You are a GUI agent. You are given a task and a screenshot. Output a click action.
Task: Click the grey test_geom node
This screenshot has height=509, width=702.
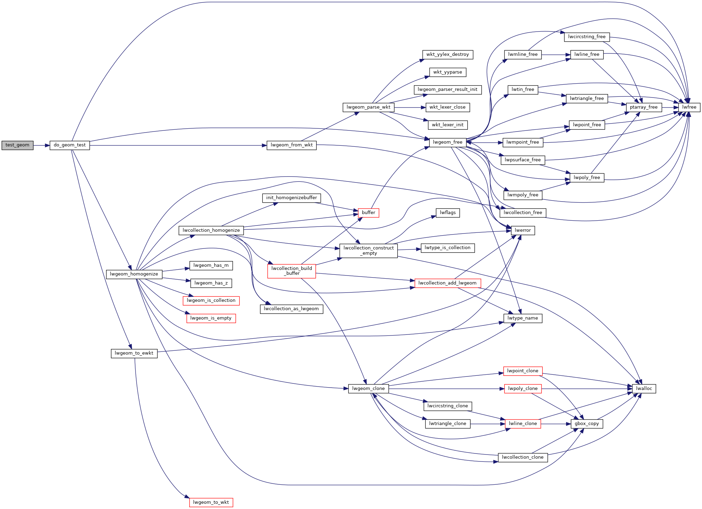tap(17, 145)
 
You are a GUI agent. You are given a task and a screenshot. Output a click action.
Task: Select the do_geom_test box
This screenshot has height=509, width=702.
tap(70, 145)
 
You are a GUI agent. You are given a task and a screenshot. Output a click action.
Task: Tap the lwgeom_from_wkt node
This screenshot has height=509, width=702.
tap(292, 145)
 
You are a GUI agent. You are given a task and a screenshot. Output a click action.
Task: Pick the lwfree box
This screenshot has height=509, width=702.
tap(689, 108)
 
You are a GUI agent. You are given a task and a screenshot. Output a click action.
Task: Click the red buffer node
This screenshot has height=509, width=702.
tap(369, 213)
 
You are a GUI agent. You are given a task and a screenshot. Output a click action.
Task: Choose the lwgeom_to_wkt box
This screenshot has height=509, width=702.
tap(211, 502)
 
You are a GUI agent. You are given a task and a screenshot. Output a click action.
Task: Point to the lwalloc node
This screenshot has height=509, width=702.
tap(644, 389)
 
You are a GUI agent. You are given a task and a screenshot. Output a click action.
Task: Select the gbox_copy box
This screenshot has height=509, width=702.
tap(587, 424)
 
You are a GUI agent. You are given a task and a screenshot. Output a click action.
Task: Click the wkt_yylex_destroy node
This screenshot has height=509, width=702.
tap(448, 55)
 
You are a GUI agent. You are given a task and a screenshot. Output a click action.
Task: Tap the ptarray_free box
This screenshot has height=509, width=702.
tap(644, 108)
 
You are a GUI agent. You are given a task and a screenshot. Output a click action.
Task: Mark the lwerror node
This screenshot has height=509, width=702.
tap(523, 230)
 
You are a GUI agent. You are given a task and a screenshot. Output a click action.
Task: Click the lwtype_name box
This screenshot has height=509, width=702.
tap(523, 319)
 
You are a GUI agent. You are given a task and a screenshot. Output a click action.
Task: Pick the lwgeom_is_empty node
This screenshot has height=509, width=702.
tap(211, 319)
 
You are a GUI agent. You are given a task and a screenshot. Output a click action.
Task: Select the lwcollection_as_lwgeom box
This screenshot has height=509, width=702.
tap(292, 309)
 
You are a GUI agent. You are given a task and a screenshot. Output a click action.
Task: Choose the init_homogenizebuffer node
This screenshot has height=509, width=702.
tap(292, 198)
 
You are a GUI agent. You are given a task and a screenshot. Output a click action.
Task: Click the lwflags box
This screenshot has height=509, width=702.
tap(448, 213)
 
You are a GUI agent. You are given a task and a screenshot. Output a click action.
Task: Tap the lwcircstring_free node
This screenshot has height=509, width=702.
tap(587, 37)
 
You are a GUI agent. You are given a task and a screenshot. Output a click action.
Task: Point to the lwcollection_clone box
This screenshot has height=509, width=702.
tap(523, 458)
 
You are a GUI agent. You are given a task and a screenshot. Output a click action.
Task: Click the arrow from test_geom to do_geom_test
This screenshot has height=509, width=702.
tap(42, 145)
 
